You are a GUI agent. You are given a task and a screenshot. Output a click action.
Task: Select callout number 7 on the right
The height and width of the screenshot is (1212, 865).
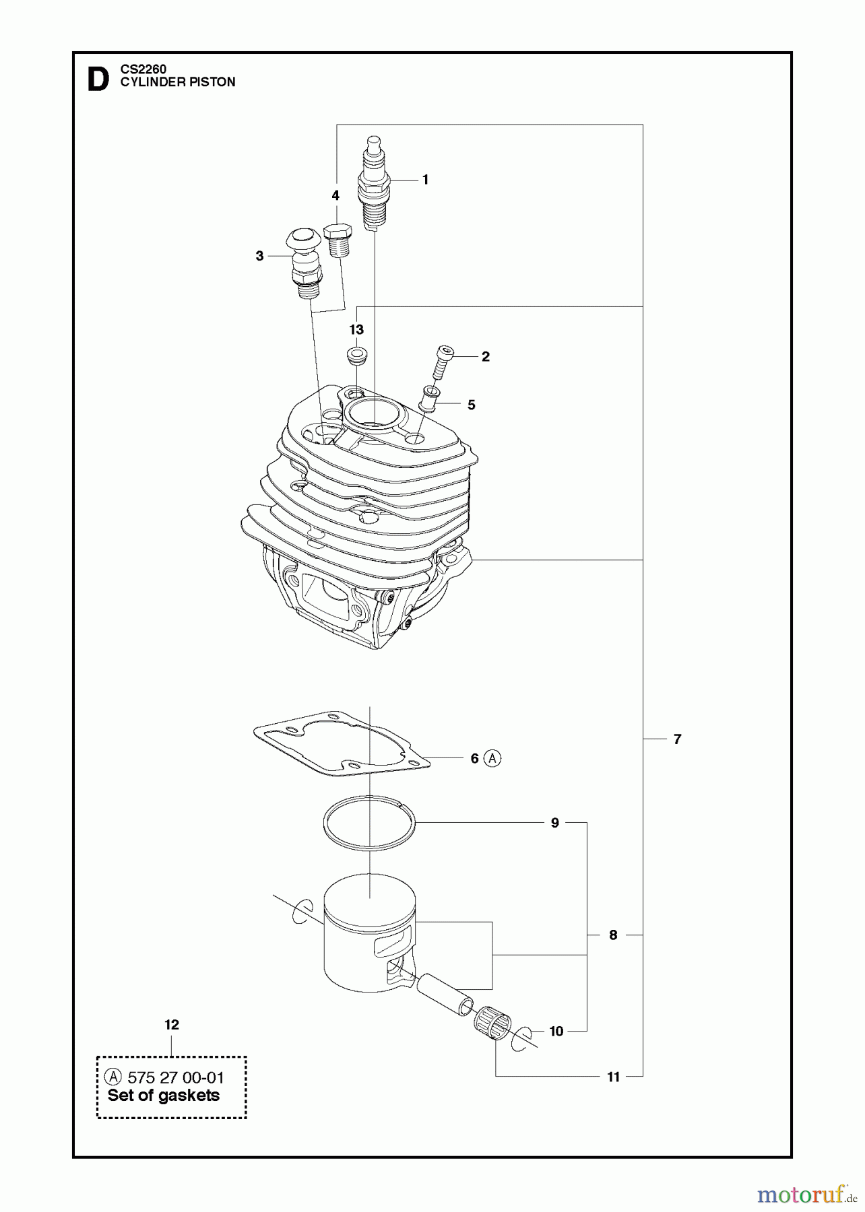[677, 739]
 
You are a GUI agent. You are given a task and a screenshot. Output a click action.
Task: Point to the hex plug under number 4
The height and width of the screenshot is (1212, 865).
[340, 239]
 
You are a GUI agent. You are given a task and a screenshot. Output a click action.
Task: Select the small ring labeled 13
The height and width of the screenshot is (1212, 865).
[356, 355]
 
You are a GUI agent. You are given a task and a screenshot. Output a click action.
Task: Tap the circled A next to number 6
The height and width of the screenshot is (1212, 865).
[493, 758]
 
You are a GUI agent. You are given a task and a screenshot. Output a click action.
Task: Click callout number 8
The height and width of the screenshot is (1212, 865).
[612, 935]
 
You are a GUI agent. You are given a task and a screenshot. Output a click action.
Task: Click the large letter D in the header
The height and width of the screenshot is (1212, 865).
[98, 80]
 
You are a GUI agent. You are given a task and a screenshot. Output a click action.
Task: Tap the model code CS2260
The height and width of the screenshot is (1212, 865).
[143, 69]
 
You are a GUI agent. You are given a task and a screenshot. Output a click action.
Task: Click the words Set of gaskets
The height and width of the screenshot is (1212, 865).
[164, 1096]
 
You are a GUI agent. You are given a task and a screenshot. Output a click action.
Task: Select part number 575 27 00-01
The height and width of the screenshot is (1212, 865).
[175, 1078]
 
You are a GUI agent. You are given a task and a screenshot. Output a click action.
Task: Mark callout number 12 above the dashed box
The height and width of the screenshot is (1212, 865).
[172, 1024]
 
